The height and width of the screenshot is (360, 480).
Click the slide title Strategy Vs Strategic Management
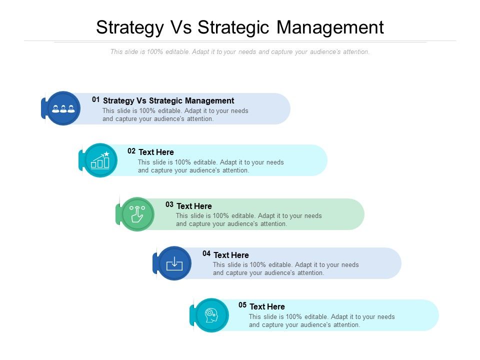[x=240, y=27]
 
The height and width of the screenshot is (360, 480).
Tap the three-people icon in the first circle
[x=63, y=108]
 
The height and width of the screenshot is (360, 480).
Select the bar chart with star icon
[x=100, y=160]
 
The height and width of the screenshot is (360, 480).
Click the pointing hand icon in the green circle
[x=137, y=214]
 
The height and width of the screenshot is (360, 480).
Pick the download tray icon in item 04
[x=174, y=263]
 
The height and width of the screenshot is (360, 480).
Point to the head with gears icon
[x=211, y=315]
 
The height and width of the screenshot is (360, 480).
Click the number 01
[x=96, y=99]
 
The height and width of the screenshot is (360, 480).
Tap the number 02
[x=131, y=150]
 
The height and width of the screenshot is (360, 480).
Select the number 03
[x=169, y=204]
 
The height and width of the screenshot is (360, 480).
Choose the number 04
[x=206, y=253]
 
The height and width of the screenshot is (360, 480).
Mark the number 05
[x=242, y=305]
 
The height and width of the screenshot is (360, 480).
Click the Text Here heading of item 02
[x=156, y=152]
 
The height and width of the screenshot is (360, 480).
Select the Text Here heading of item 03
[x=194, y=206]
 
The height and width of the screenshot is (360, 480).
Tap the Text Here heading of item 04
[x=231, y=255]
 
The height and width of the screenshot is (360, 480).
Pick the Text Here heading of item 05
[x=267, y=306]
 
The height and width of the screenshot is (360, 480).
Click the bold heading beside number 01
[x=168, y=100]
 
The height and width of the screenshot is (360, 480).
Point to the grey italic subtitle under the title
[x=240, y=51]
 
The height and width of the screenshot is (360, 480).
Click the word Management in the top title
[x=330, y=27]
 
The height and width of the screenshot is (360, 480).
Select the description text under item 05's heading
[x=321, y=320]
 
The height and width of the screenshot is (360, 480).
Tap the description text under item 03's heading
[x=248, y=219]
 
